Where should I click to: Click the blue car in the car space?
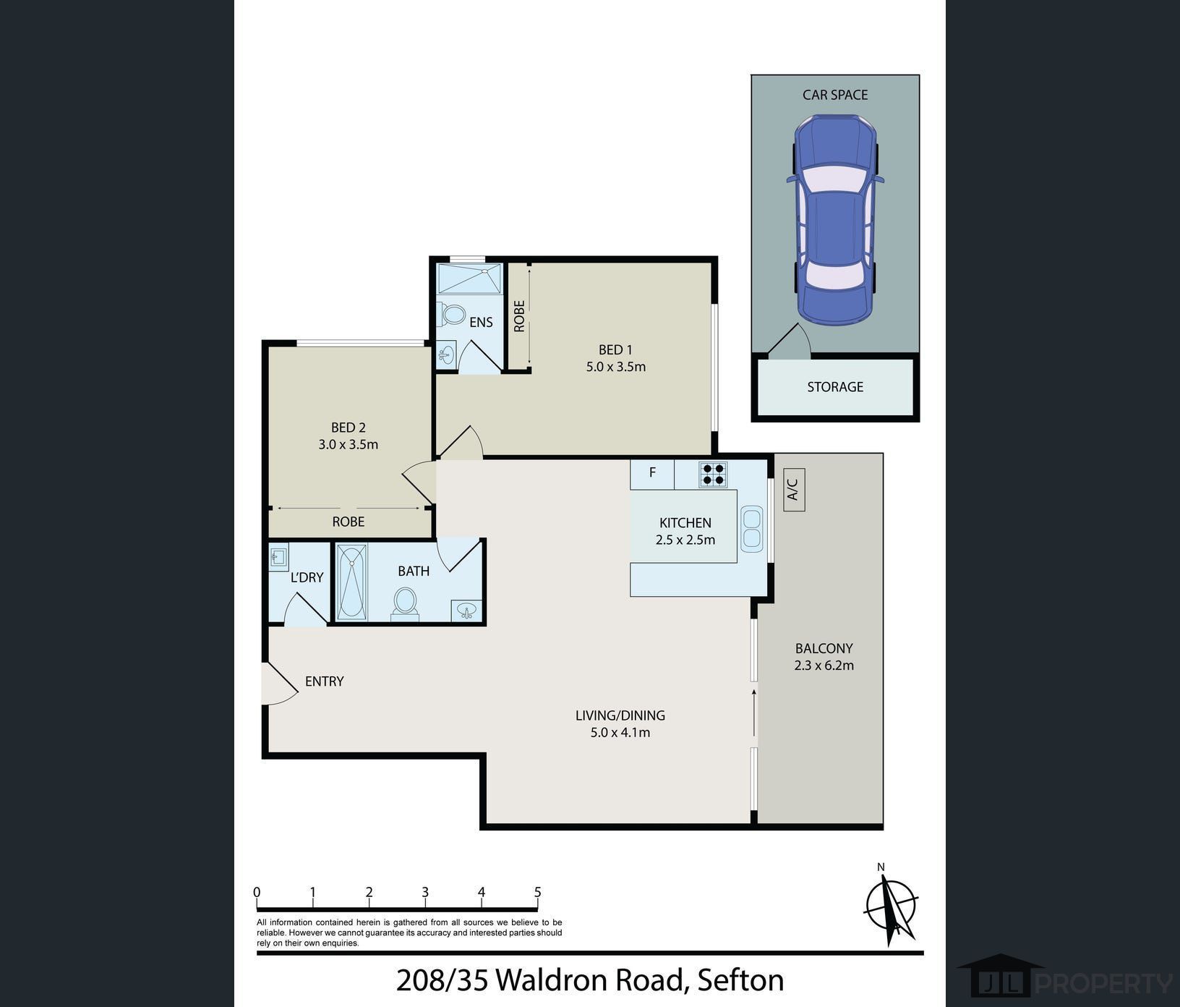835,220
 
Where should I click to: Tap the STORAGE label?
835,387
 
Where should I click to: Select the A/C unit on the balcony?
794,490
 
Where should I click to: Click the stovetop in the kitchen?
713,475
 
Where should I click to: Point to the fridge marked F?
652,474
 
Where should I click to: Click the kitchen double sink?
752,527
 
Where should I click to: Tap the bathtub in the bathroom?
352,582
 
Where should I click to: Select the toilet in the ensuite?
451,315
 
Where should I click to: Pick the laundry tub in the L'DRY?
278,557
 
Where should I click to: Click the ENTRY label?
325,681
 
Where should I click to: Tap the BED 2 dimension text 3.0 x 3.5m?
349,445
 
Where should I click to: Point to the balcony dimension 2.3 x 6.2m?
824,666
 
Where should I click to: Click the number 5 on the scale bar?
538,893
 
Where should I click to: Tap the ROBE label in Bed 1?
519,316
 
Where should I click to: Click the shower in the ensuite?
469,279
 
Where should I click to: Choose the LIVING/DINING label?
620,715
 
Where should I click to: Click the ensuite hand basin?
446,354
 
